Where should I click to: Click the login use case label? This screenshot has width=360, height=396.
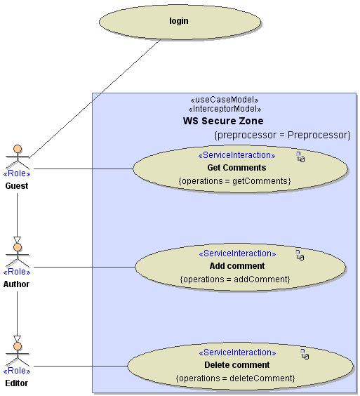pyautogui.click(x=179, y=21)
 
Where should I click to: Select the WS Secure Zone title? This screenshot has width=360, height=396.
pyautogui.click(x=223, y=121)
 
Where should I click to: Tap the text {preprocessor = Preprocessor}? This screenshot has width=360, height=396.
pyautogui.click(x=282, y=135)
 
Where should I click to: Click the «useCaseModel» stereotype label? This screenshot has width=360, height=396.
pyautogui.click(x=225, y=100)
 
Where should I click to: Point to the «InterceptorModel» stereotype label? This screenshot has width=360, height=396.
pyautogui.click(x=225, y=109)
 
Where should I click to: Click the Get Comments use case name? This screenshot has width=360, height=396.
pyautogui.click(x=236, y=167)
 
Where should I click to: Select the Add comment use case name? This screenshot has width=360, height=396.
pyautogui.click(x=237, y=265)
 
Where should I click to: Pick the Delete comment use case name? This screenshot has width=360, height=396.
pyautogui.click(x=236, y=364)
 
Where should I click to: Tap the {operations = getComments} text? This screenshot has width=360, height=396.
pyautogui.click(x=235, y=181)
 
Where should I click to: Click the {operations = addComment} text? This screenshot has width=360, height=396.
pyautogui.click(x=235, y=279)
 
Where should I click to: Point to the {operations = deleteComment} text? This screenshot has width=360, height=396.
pyautogui.click(x=235, y=378)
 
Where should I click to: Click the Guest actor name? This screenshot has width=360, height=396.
pyautogui.click(x=17, y=186)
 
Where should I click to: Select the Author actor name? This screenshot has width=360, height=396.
pyautogui.click(x=16, y=284)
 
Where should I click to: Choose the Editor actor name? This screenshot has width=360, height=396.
pyautogui.click(x=16, y=383)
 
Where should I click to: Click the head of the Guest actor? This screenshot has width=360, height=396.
pyautogui.click(x=18, y=149)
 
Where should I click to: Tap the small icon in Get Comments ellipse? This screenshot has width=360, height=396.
pyautogui.click(x=300, y=157)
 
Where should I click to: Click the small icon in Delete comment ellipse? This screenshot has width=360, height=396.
pyautogui.click(x=305, y=354)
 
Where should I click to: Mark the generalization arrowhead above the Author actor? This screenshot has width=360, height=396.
pyautogui.click(x=17, y=240)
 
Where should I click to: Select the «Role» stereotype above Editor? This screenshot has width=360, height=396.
pyautogui.click(x=17, y=371)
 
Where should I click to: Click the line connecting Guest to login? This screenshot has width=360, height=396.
pyautogui.click(x=95, y=99)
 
